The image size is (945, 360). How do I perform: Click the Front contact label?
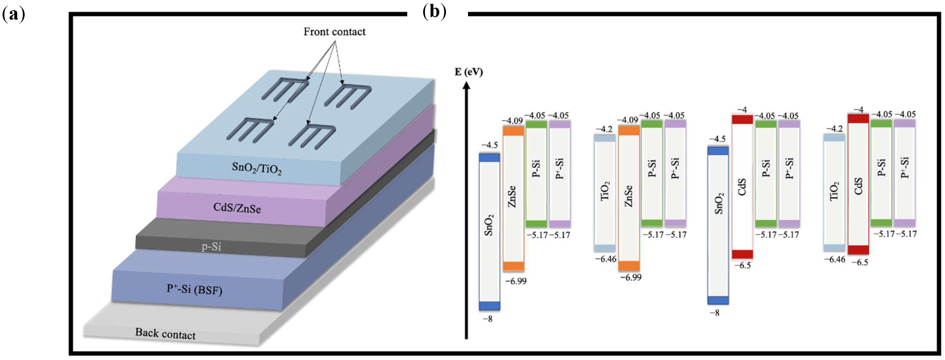(x=334, y=32)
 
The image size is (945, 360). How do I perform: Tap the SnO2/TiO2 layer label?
(x=256, y=168)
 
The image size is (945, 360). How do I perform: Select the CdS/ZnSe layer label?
(x=237, y=208)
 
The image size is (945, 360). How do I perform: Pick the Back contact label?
(x=165, y=334)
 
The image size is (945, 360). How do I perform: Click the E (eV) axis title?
(x=469, y=72)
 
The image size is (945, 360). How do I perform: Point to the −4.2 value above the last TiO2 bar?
(x=834, y=129)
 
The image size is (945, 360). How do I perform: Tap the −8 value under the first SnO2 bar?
(x=487, y=319)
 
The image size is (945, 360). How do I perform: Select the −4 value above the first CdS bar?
(x=742, y=110)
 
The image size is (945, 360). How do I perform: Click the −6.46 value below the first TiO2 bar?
(x=605, y=259)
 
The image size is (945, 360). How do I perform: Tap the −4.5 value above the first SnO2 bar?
(x=489, y=145)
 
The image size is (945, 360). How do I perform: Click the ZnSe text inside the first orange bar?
(x=512, y=197)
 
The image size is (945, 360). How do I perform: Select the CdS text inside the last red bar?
(x=858, y=186)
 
